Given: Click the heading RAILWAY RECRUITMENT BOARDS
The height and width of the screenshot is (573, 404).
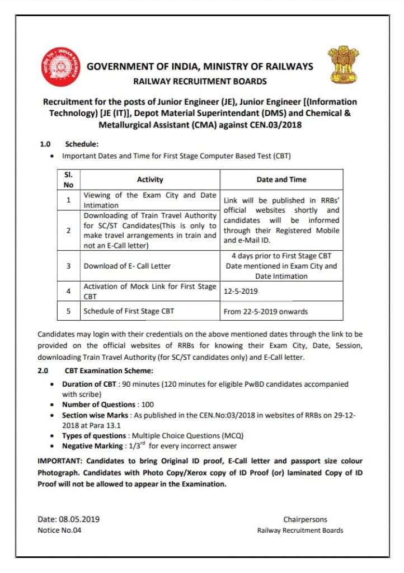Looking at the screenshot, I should (200, 81).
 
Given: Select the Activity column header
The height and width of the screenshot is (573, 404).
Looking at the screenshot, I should (150, 180).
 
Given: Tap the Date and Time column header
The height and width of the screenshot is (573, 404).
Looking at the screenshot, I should (281, 180).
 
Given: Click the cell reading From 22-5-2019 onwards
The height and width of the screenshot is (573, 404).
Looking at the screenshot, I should (266, 312).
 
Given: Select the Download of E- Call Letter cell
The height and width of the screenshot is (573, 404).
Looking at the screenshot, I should (127, 266).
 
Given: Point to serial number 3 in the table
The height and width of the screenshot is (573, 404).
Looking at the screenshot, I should (68, 266).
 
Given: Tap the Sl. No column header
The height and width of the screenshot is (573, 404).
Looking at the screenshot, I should (68, 180).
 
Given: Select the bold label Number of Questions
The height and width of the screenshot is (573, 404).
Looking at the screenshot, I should (98, 405).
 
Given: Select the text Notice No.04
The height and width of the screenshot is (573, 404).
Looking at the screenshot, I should (59, 530).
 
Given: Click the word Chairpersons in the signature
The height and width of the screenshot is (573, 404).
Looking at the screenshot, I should (305, 519).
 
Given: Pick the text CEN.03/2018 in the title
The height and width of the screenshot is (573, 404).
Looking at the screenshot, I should (275, 125).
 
